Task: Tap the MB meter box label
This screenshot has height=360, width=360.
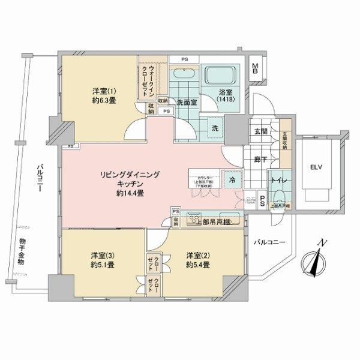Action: [x=255, y=68]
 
